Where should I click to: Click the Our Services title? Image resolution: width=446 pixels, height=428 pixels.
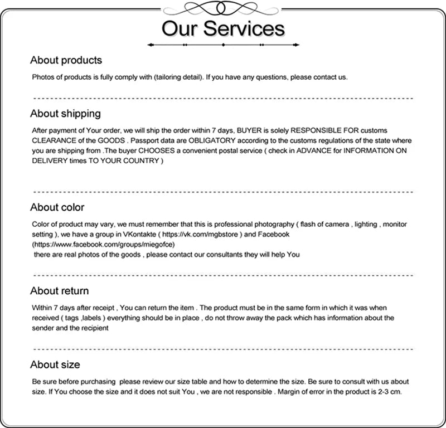click(x=223, y=28)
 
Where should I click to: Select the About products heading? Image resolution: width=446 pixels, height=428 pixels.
click(x=66, y=60)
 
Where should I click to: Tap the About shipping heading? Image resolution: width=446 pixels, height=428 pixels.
click(x=65, y=114)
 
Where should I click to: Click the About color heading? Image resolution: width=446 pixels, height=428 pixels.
click(x=57, y=207)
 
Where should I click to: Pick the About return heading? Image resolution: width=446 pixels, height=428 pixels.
click(x=59, y=291)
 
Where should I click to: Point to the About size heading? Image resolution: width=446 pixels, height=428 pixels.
click(x=55, y=365)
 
